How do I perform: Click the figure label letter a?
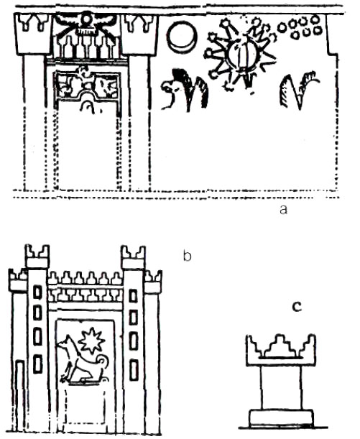tap(283, 209)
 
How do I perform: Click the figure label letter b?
tap(187, 256)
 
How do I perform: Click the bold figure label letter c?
tap(297, 307)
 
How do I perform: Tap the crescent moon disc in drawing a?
tap(182, 37)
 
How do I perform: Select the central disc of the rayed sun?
tap(243, 55)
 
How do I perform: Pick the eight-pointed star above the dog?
tap(91, 341)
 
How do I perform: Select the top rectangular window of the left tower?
tap(38, 292)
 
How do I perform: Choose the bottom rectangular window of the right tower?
tap(134, 371)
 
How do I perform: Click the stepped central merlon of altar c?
tap(280, 346)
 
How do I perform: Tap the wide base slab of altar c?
tap(281, 419)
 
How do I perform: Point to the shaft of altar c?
tap(281, 387)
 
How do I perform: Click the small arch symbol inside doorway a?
tap(88, 106)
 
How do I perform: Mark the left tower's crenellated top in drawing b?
tap(37, 256)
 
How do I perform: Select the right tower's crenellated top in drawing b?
tap(133, 257)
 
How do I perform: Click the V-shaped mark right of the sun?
tap(297, 91)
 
